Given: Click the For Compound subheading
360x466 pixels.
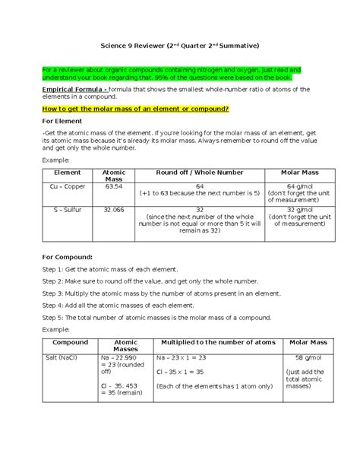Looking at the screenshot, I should pos(70,257).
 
